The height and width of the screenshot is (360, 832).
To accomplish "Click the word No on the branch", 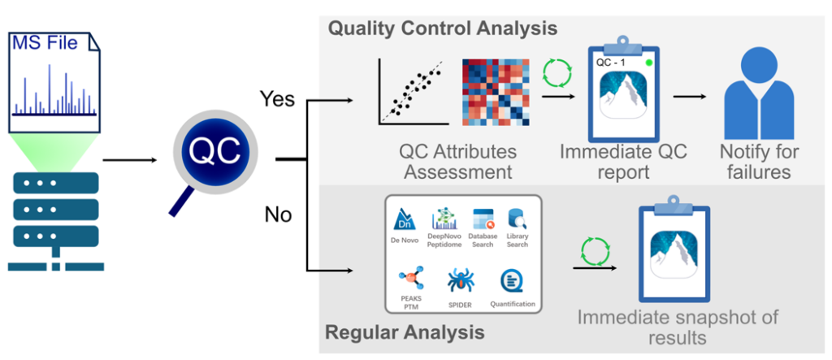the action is (x=279, y=215).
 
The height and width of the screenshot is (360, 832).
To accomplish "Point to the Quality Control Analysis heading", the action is (x=443, y=28).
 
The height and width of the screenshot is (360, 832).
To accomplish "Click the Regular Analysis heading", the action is (x=405, y=333).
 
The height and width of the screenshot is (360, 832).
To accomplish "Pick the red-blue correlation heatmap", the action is (x=496, y=92).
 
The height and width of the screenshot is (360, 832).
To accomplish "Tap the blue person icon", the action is (x=759, y=93).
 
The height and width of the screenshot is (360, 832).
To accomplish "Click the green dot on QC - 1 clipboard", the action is (x=648, y=63).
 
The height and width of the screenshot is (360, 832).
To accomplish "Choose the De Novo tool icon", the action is (x=405, y=219).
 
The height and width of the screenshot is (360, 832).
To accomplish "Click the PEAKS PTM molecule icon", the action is (x=410, y=280).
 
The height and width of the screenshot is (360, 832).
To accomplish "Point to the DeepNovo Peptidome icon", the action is (x=444, y=219).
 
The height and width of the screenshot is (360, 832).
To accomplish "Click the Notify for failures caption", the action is (x=759, y=162).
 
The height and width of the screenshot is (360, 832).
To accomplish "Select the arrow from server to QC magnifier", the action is (x=130, y=159).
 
